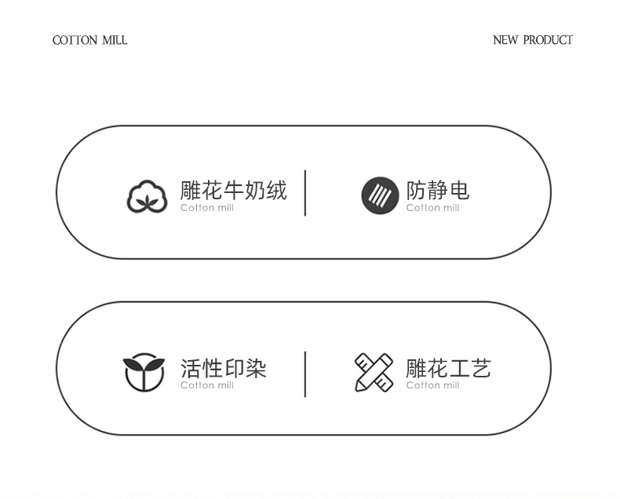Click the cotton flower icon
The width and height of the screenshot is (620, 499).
(148, 196)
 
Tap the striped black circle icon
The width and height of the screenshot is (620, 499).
(380, 196)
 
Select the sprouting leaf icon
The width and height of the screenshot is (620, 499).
(144, 373)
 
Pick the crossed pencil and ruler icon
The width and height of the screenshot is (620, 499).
(374, 373)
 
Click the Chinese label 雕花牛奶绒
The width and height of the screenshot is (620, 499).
(233, 190)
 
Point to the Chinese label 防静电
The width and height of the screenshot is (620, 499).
(437, 190)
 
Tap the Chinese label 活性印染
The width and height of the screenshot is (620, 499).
(223, 368)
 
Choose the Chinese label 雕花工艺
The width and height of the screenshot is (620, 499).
(447, 368)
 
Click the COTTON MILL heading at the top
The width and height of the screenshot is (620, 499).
(89, 40)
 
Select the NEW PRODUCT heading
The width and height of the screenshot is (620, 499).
(532, 40)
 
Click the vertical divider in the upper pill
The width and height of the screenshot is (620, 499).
(305, 192)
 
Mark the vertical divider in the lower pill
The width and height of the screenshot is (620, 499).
(305, 374)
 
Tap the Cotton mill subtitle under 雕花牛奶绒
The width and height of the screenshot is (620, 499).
(207, 208)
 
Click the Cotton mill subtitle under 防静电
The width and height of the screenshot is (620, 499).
(432, 208)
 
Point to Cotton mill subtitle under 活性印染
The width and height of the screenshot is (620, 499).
(207, 385)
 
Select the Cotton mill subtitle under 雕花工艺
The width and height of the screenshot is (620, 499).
(432, 385)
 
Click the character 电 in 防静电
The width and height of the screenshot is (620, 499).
(459, 190)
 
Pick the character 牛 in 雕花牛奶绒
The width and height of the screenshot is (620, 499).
(234, 190)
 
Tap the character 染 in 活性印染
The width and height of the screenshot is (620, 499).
(256, 368)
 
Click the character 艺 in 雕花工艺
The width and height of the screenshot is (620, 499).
(480, 368)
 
